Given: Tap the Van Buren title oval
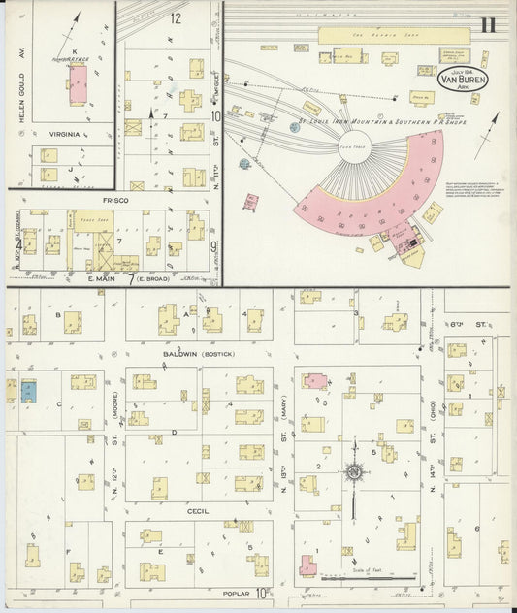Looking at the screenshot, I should [x=464, y=78].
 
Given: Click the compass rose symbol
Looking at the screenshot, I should [x=355, y=472].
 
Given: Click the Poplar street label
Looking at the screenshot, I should [x=234, y=592].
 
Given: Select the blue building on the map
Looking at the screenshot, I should [x=28, y=390].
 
